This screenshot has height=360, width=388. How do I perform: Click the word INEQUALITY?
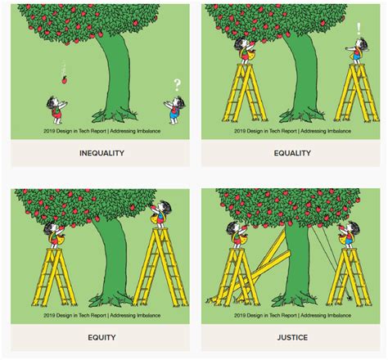[102, 153]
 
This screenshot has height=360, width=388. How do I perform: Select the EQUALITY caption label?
[291, 153]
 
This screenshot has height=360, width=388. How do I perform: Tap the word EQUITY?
[102, 337]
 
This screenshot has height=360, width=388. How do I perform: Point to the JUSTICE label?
[291, 337]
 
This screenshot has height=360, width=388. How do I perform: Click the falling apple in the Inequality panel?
[62, 79]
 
